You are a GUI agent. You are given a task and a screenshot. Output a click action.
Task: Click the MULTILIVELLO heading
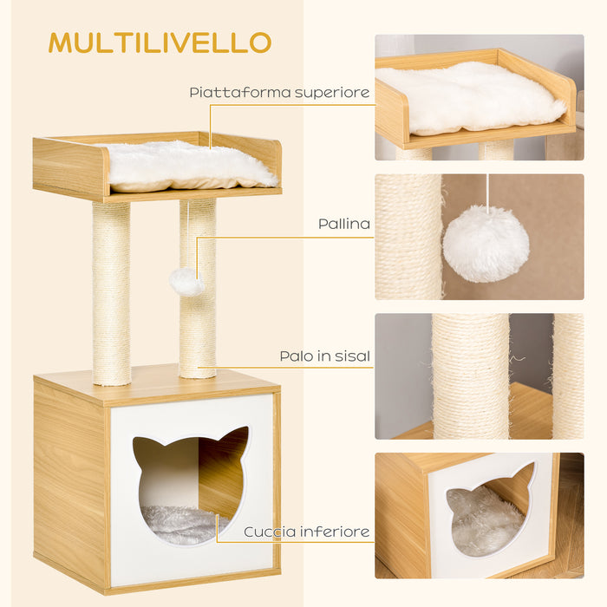pos(160,42)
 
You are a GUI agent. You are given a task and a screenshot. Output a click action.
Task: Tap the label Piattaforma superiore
pos(279,92)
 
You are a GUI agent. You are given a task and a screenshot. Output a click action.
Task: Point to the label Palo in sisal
pos(324,356)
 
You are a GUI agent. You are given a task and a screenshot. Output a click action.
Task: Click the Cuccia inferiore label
pos(307,532)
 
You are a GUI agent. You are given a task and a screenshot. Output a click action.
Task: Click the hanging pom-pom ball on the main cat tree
pos(186,281)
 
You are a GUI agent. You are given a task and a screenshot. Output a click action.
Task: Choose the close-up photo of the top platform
pos(479,97)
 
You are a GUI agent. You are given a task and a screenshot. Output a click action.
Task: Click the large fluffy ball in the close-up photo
pos(486,244)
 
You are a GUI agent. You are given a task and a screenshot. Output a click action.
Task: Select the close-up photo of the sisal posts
pos(479,375)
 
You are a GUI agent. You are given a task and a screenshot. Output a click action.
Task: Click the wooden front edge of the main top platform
pos(69,168)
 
